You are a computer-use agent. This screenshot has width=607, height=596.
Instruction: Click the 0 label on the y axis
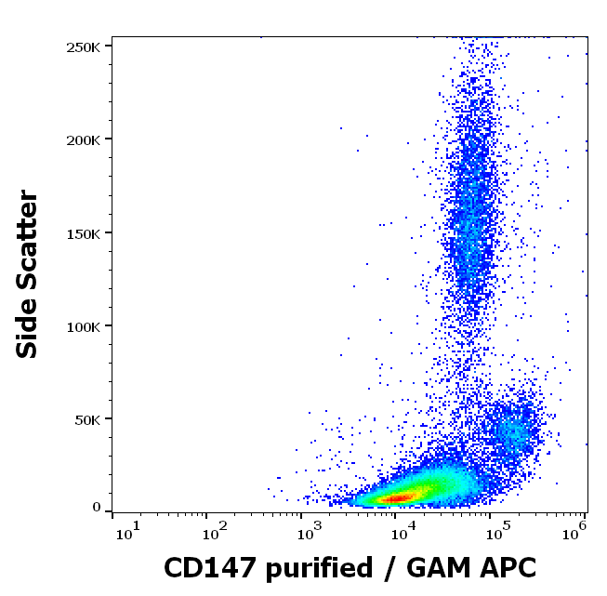click(x=97, y=508)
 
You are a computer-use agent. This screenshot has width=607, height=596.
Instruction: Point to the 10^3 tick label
click(x=310, y=530)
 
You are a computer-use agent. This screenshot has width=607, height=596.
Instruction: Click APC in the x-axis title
click(x=508, y=567)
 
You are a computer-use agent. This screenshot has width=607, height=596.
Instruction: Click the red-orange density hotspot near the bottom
click(x=395, y=498)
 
